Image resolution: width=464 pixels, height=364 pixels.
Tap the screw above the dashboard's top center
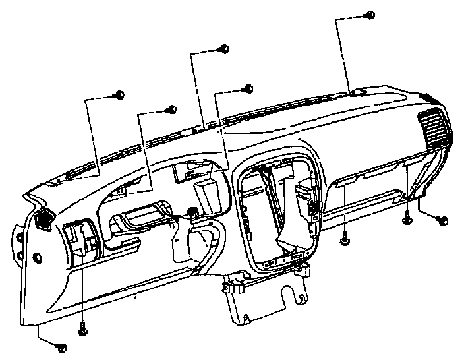coord(225,48)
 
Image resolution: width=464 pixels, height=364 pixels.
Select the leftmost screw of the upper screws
coord(119,95)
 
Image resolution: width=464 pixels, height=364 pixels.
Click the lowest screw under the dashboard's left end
coord(63,346)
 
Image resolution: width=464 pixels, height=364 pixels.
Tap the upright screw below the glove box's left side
coord(345,240)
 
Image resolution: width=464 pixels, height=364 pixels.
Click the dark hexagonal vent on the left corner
coord(45,220)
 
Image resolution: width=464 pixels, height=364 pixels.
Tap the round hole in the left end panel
coord(36,257)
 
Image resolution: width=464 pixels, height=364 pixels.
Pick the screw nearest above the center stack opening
coord(249,88)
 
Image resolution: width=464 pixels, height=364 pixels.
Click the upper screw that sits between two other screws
coord(173,109)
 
